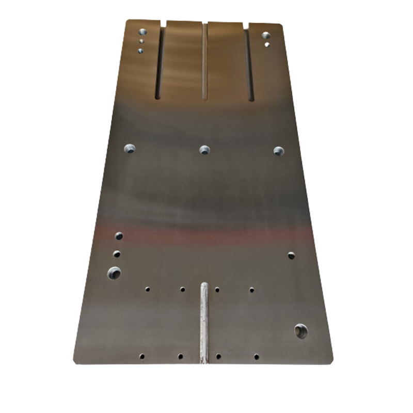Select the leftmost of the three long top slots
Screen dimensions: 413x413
click(x=160, y=62)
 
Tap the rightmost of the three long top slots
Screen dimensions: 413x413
click(x=249, y=62)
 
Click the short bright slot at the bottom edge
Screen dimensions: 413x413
click(x=204, y=323)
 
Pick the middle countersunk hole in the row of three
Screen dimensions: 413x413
click(x=204, y=150)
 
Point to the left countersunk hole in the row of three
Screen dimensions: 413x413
click(x=129, y=149)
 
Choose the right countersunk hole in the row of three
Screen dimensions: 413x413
click(x=279, y=151)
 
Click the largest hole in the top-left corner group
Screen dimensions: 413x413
click(x=142, y=31)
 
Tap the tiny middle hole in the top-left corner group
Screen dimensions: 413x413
click(x=141, y=41)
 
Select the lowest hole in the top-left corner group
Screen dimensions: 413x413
click(x=140, y=51)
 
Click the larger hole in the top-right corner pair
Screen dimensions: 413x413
click(x=266, y=36)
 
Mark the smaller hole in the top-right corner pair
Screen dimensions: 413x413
click(x=266, y=45)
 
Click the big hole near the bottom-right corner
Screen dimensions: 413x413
click(x=300, y=331)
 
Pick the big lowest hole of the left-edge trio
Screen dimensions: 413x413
click(x=114, y=273)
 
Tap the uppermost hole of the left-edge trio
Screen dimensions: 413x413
click(x=119, y=236)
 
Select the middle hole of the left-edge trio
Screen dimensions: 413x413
click(x=117, y=254)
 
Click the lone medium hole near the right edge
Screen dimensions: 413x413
click(x=291, y=255)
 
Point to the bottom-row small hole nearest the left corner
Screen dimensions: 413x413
click(x=141, y=356)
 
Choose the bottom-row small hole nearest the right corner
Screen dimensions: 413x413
click(x=256, y=356)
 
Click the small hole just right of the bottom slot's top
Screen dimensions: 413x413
click(x=217, y=290)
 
